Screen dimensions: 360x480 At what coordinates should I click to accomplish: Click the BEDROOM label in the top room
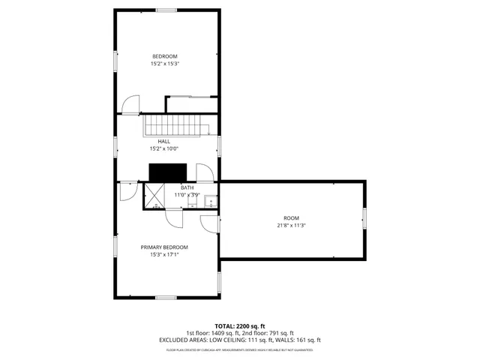pyautogui.click(x=164, y=57)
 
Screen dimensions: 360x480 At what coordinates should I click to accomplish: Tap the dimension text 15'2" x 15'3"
pyautogui.click(x=164, y=64)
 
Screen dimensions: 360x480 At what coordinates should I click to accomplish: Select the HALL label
pyautogui.click(x=163, y=141)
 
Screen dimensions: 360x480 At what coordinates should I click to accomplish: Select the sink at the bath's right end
pyautogui.click(x=211, y=200)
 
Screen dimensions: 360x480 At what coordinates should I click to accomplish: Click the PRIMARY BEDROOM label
pyautogui.click(x=164, y=247)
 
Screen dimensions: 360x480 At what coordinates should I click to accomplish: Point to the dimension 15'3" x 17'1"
pyautogui.click(x=164, y=254)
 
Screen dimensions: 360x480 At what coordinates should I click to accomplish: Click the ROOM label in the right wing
pyautogui.click(x=290, y=217)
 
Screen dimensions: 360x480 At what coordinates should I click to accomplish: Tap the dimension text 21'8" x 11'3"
pyautogui.click(x=290, y=224)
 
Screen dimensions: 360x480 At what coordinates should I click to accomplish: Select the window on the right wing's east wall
pyautogui.click(x=364, y=217)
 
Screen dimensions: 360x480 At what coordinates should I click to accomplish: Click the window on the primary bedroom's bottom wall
pyautogui.click(x=166, y=298)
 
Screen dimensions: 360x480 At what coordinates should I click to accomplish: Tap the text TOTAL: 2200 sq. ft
pyautogui.click(x=239, y=326)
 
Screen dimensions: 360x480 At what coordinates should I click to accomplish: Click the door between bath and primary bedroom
pyautogui.click(x=174, y=216)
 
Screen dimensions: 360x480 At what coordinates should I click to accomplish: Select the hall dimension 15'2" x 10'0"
pyautogui.click(x=163, y=148)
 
